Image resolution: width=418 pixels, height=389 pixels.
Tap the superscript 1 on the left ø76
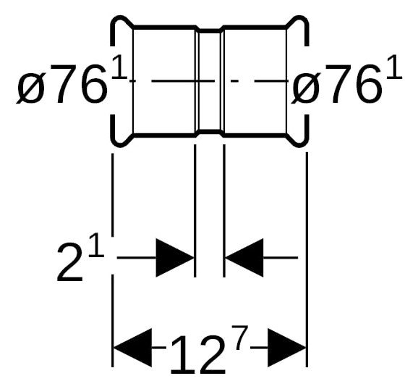(120, 67)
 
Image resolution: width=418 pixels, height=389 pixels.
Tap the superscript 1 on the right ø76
(394, 67)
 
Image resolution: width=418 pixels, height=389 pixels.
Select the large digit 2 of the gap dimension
(70, 262)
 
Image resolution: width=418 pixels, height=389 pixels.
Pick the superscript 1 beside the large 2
(96, 245)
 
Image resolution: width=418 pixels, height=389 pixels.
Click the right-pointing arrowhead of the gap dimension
(175, 258)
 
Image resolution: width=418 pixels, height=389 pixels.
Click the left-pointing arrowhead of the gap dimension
(244, 258)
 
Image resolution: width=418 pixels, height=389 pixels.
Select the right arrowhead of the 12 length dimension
(287, 348)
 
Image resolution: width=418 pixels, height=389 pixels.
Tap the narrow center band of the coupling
(210, 81)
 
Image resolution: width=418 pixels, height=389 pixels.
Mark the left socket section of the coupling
(164, 81)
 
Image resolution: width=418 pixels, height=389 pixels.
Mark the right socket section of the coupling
(255, 81)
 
